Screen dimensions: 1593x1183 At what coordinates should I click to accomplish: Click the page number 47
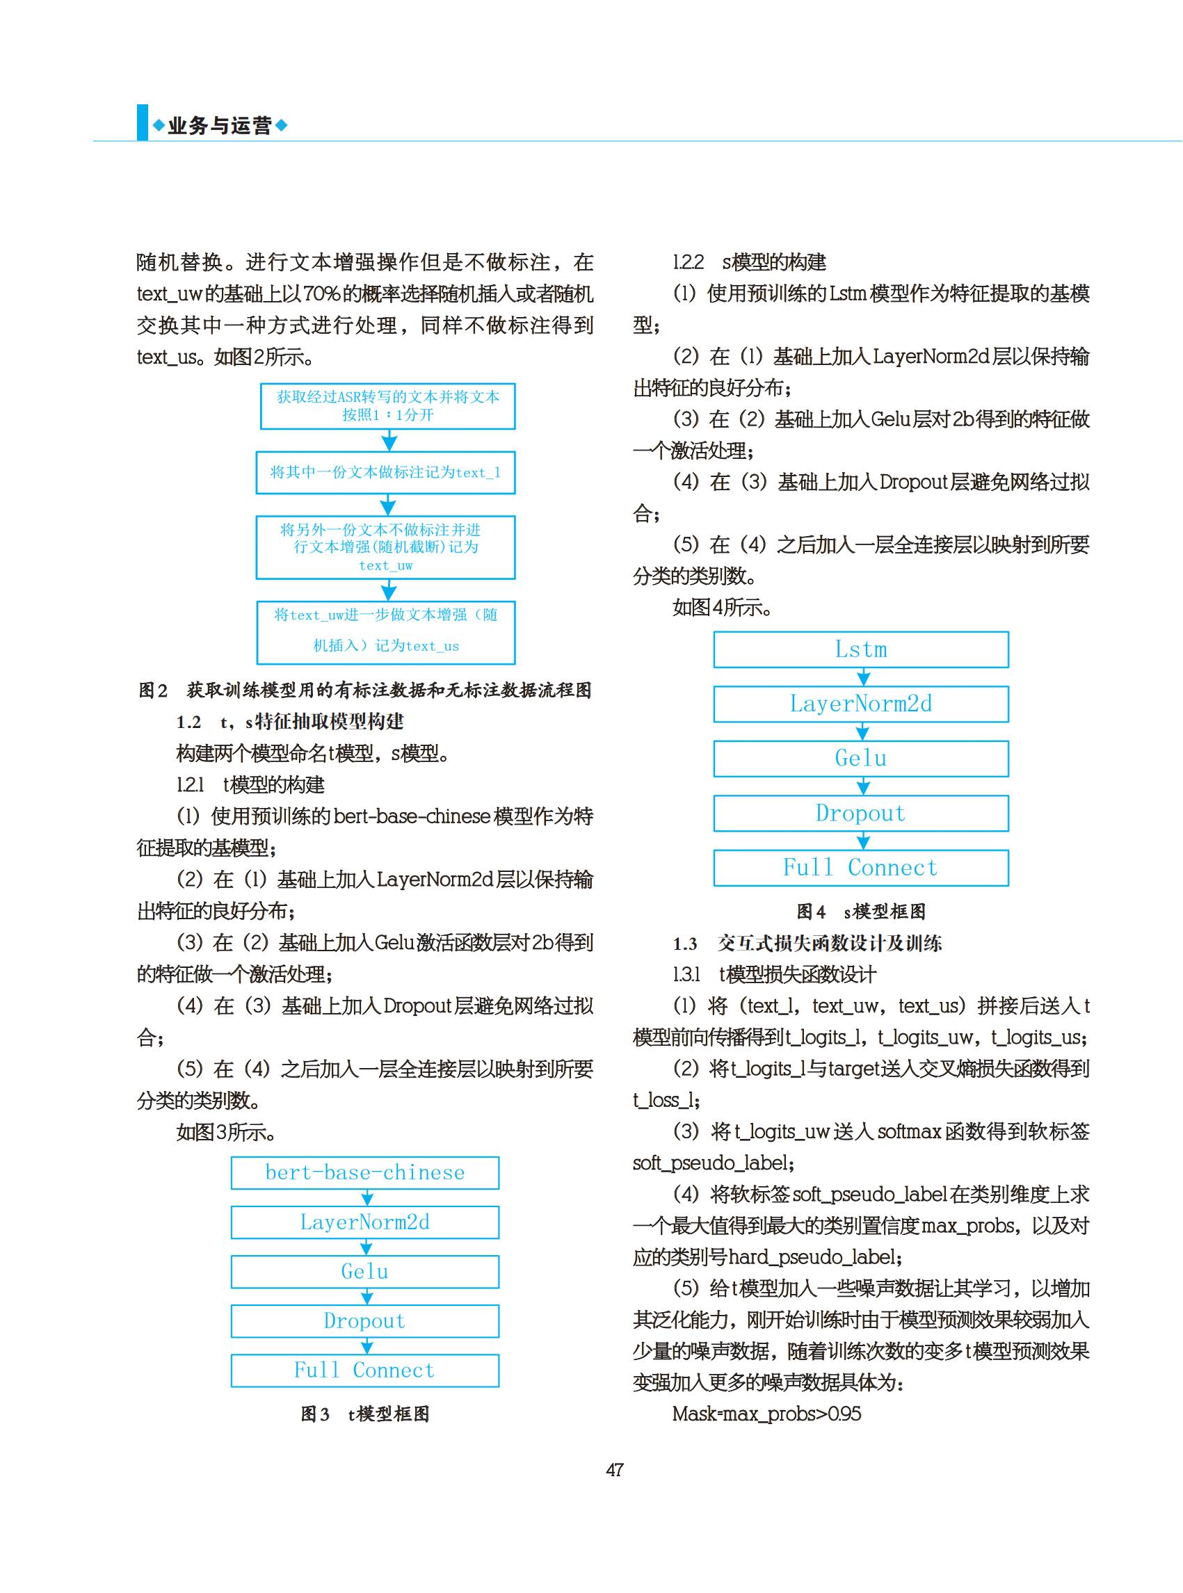[614, 1470]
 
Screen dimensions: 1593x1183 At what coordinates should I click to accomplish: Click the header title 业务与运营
[219, 126]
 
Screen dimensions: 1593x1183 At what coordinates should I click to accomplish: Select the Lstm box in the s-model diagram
[861, 649]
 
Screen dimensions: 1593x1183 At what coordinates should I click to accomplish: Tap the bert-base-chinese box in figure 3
[364, 1173]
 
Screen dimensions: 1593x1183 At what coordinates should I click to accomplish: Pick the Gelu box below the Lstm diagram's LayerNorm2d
[861, 758]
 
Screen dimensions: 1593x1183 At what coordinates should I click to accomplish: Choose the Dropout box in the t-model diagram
[364, 1321]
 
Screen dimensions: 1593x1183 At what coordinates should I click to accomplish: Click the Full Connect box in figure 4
[861, 868]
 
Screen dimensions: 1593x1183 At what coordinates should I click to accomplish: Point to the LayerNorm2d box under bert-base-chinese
[364, 1222]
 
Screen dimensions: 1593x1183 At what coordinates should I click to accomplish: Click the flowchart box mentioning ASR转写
[387, 406]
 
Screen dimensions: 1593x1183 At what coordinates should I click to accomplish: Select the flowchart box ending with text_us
[386, 631]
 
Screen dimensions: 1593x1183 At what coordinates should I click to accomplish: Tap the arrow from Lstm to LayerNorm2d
[864, 677]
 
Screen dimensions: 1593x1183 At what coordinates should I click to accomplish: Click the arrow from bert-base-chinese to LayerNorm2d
[367, 1198]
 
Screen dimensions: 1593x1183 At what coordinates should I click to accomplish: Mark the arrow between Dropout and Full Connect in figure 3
[367, 1346]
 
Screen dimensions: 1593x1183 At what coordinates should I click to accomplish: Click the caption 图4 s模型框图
[861, 912]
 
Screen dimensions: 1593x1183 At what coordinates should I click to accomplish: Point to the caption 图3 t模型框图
[364, 1414]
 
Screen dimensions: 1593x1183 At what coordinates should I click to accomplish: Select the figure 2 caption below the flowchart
[364, 690]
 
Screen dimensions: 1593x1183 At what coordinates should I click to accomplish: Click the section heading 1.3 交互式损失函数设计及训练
[807, 944]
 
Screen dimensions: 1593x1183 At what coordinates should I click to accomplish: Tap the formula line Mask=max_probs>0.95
[766, 1414]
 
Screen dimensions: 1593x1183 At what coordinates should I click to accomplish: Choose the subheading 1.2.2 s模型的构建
[749, 262]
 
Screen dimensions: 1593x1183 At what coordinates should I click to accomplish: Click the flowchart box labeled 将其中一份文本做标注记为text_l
[385, 473]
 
